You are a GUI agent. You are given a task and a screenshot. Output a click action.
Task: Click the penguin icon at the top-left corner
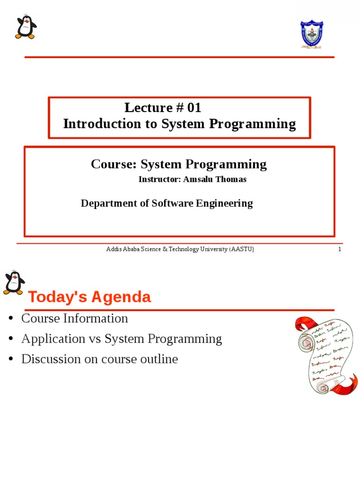coord(25,27)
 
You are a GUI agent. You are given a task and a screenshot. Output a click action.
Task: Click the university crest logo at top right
coord(312,34)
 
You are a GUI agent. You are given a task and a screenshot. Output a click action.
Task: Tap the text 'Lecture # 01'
coord(163,108)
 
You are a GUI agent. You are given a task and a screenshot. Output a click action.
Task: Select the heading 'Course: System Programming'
coord(179,164)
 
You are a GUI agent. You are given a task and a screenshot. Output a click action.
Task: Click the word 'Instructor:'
coord(158,180)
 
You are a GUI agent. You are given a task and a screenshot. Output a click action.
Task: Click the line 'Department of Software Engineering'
coord(166,203)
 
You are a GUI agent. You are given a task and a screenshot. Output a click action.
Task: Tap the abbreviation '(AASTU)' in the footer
coord(241,249)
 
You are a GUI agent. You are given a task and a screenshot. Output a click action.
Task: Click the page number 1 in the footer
coord(339,249)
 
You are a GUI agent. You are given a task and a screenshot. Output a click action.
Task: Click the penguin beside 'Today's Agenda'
coord(14,283)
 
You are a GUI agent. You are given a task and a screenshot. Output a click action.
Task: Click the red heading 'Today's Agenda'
coord(90,297)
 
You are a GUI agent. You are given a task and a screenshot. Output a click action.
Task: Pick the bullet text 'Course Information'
coord(75,318)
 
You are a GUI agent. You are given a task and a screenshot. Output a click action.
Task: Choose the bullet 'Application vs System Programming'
coord(121,339)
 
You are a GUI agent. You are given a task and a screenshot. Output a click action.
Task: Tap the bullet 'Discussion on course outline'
coord(99,360)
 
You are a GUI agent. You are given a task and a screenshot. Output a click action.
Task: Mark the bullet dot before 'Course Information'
coord(11,319)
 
